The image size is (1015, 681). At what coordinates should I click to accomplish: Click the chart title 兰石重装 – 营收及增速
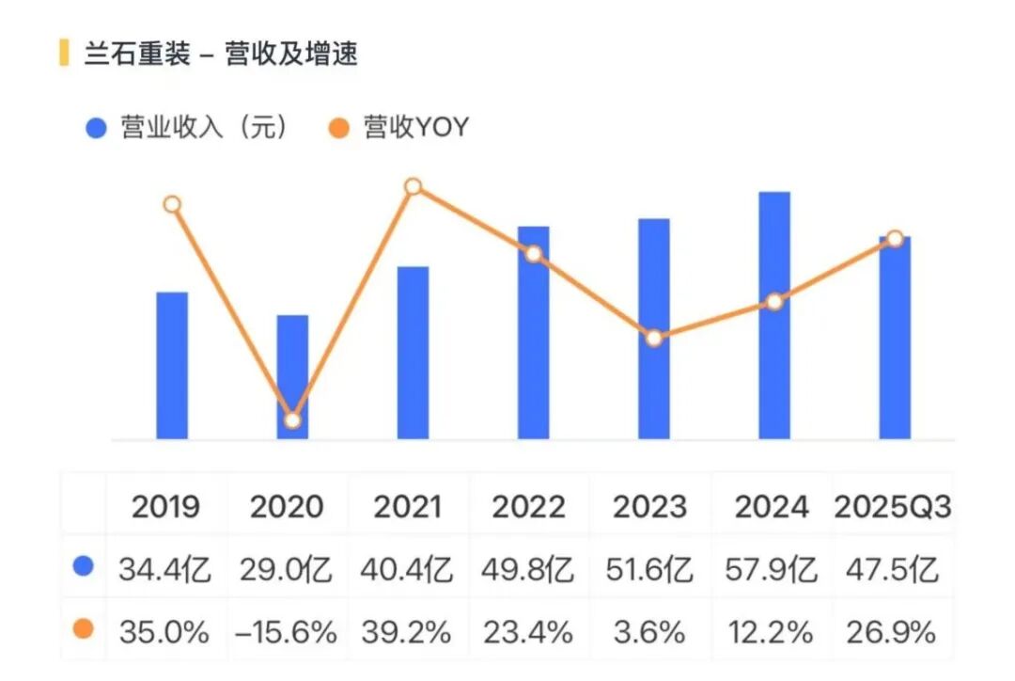pyautogui.click(x=221, y=53)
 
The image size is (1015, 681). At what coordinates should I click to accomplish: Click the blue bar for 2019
pyautogui.click(x=172, y=366)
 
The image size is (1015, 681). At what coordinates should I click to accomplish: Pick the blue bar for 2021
pyautogui.click(x=413, y=353)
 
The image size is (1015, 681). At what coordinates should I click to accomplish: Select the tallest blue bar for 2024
pyautogui.click(x=774, y=315)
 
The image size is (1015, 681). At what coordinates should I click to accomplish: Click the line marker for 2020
pyautogui.click(x=292, y=420)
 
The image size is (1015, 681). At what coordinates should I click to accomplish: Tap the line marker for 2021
pyautogui.click(x=413, y=186)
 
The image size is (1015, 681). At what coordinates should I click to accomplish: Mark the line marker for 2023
pyautogui.click(x=654, y=338)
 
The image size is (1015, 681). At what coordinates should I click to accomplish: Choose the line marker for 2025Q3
pyautogui.click(x=895, y=239)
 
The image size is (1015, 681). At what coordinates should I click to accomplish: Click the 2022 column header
pyautogui.click(x=529, y=507)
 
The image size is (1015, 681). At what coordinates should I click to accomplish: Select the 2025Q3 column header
pyautogui.click(x=892, y=507)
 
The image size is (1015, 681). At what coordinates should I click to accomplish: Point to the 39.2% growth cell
pyautogui.click(x=408, y=632)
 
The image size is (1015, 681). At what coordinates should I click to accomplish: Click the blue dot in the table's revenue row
pyautogui.click(x=84, y=566)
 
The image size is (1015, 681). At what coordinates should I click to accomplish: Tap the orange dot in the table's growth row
pyautogui.click(x=84, y=629)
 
